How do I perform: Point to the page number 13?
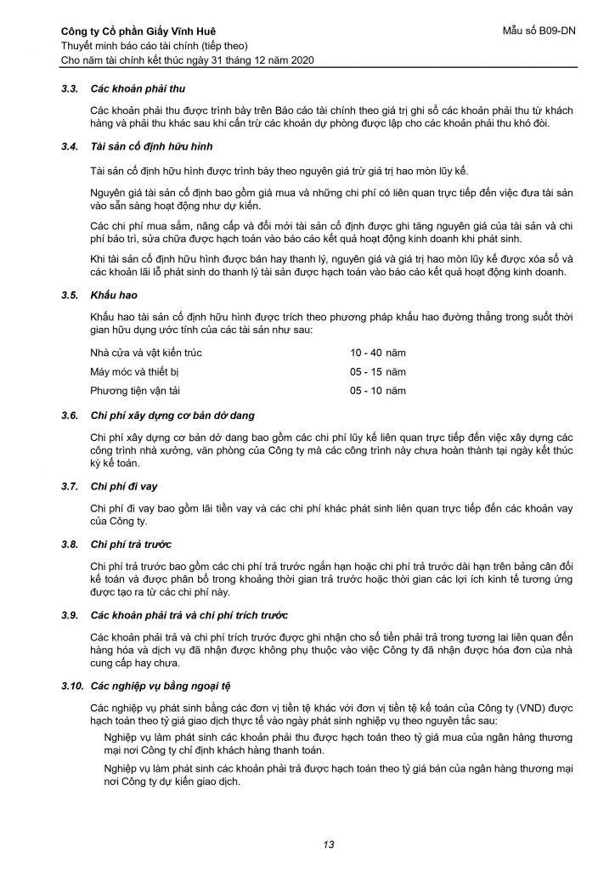pos(329,844)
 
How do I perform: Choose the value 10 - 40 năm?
pos(378,352)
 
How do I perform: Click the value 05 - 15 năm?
pos(378,371)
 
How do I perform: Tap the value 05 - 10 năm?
pos(378,391)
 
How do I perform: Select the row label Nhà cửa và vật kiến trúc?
pos(145,352)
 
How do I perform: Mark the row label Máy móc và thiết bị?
pos(135,371)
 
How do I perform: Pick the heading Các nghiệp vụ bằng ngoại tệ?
pos(157,685)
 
